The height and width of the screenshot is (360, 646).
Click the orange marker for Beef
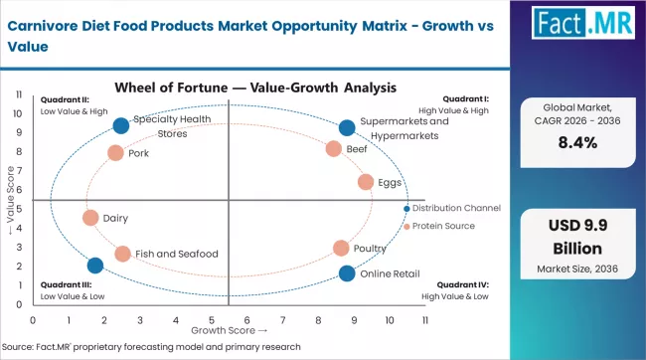[334, 149]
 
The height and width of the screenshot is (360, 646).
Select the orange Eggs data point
[366, 182]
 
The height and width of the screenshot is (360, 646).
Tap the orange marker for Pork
[115, 153]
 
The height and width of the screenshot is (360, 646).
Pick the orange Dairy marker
[90, 218]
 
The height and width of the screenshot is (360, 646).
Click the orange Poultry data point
[341, 248]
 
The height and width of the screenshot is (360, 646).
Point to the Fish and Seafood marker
[122, 254]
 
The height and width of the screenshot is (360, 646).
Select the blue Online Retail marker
[347, 273]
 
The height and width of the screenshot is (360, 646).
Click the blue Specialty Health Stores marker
[121, 125]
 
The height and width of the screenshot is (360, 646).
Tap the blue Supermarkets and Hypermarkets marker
[347, 127]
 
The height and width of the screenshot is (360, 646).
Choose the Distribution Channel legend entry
[455, 208]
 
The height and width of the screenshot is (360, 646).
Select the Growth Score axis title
[228, 330]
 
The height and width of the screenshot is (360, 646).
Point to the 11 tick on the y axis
[20, 94]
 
